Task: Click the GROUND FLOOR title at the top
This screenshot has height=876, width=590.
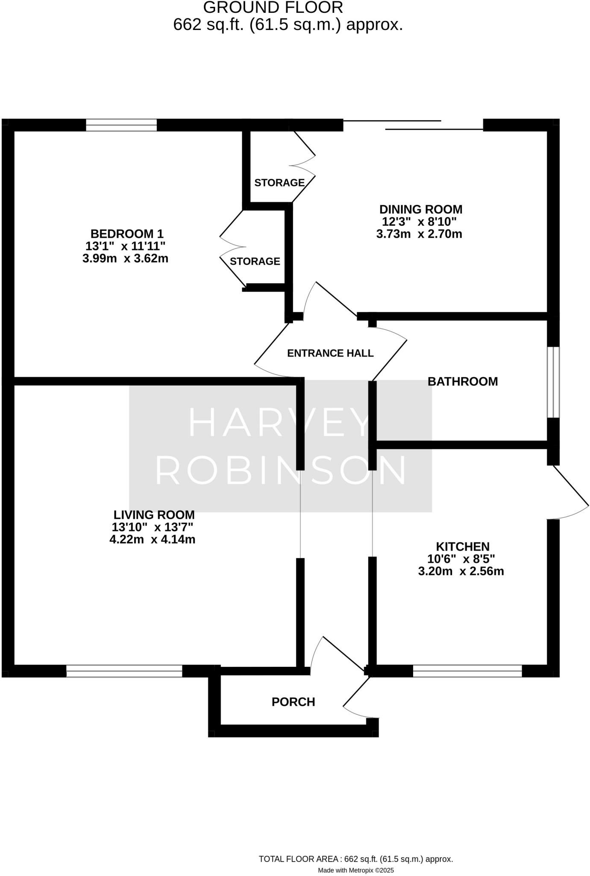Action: (x=273, y=8)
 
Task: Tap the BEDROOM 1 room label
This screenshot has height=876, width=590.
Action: (x=127, y=234)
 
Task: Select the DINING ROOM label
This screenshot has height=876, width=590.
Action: (x=421, y=210)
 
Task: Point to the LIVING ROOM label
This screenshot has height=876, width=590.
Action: (x=154, y=515)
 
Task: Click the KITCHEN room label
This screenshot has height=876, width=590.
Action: (x=462, y=547)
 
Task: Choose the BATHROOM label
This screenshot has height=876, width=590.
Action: (x=463, y=382)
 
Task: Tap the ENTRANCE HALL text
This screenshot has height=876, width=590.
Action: (x=330, y=353)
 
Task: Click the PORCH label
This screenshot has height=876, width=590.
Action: (x=294, y=702)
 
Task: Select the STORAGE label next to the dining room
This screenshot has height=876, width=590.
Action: (x=279, y=183)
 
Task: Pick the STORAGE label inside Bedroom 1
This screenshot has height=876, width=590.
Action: (x=255, y=261)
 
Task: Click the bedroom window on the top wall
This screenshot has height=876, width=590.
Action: (x=121, y=125)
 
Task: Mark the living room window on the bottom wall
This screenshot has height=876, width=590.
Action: (x=124, y=671)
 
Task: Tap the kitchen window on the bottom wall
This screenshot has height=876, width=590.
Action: (x=467, y=671)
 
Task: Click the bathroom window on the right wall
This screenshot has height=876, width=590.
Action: (x=553, y=382)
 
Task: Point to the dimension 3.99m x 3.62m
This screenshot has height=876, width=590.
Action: (x=125, y=259)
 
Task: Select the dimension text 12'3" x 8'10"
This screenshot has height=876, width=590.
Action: (x=419, y=222)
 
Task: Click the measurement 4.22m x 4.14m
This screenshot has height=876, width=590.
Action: (x=153, y=539)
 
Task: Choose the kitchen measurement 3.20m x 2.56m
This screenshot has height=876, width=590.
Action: (x=461, y=571)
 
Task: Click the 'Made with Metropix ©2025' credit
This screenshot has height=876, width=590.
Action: (x=356, y=870)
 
